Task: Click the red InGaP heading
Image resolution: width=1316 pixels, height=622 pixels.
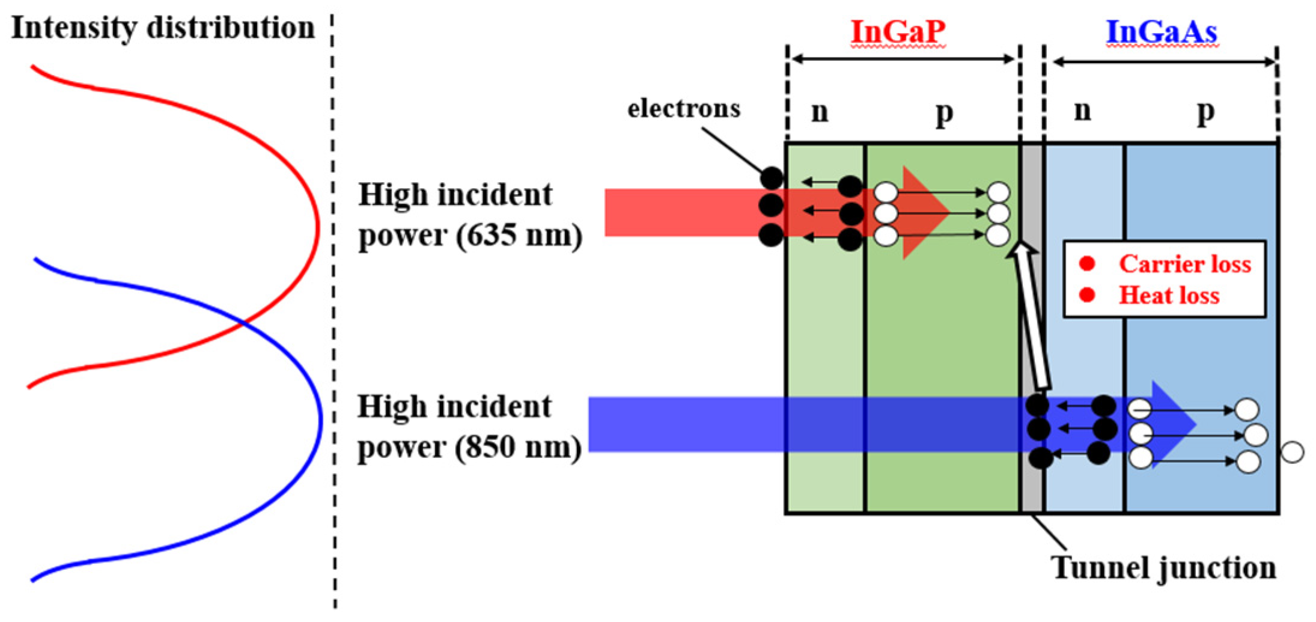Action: click(898, 31)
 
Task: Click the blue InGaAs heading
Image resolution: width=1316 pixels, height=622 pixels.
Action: click(1161, 31)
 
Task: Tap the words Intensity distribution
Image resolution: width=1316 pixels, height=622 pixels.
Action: click(163, 28)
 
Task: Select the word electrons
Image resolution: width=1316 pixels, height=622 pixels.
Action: click(684, 109)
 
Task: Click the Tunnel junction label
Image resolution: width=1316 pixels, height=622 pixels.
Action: click(1163, 567)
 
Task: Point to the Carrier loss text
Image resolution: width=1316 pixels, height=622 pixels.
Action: click(1184, 264)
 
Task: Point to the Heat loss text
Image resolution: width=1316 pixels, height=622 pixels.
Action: click(1169, 295)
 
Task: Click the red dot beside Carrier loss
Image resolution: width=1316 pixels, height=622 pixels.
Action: click(1086, 263)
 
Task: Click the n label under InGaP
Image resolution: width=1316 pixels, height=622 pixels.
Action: click(820, 111)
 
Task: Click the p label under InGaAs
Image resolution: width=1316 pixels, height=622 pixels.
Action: click(1205, 111)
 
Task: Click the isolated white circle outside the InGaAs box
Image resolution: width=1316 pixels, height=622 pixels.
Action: click(1293, 452)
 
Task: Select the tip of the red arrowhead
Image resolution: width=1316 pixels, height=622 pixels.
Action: click(948, 212)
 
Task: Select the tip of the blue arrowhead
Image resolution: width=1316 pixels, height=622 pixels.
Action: click(1195, 424)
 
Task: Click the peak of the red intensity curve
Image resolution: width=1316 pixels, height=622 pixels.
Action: click(318, 228)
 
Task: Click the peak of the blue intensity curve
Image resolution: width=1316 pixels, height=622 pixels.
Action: click(321, 421)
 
